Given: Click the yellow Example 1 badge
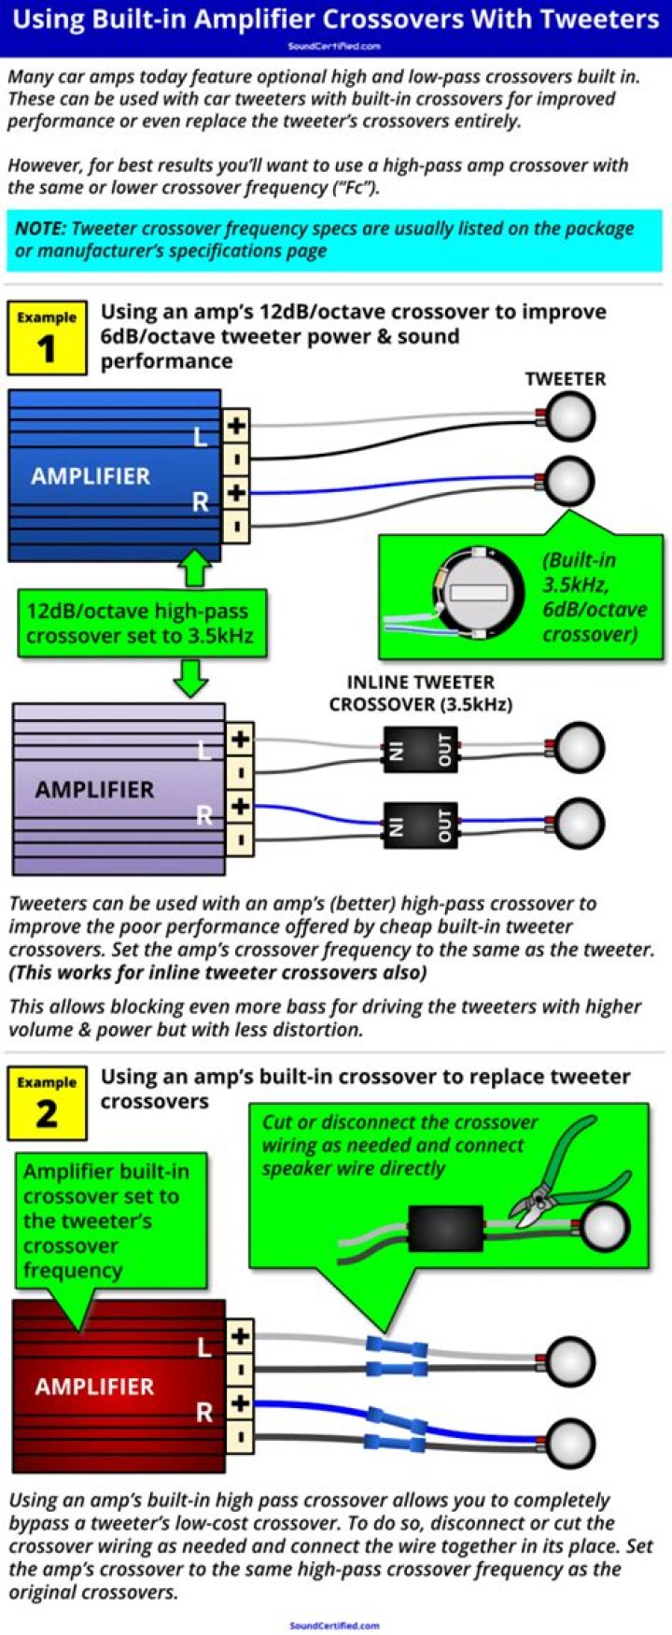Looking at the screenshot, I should click(x=47, y=337).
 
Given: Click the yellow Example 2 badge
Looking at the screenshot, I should click(x=47, y=1103).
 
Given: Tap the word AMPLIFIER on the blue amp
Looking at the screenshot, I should click(x=91, y=476).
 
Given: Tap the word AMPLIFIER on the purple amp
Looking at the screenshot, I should click(x=94, y=789).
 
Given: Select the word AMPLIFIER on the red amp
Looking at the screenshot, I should click(x=94, y=1387).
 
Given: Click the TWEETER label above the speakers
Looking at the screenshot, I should click(x=565, y=378).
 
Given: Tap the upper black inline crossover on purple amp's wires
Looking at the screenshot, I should click(x=420, y=749).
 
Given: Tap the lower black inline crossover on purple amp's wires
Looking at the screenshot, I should click(x=420, y=825).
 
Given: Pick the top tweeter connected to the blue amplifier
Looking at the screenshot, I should click(x=570, y=416).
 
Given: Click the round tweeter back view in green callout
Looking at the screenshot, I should click(x=475, y=593).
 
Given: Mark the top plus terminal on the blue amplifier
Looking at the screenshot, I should click(x=236, y=426).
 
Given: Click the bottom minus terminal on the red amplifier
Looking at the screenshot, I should click(x=240, y=1436).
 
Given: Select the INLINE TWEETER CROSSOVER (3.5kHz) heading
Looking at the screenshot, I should click(x=420, y=693).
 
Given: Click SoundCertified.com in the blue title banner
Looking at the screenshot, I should click(x=334, y=46).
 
